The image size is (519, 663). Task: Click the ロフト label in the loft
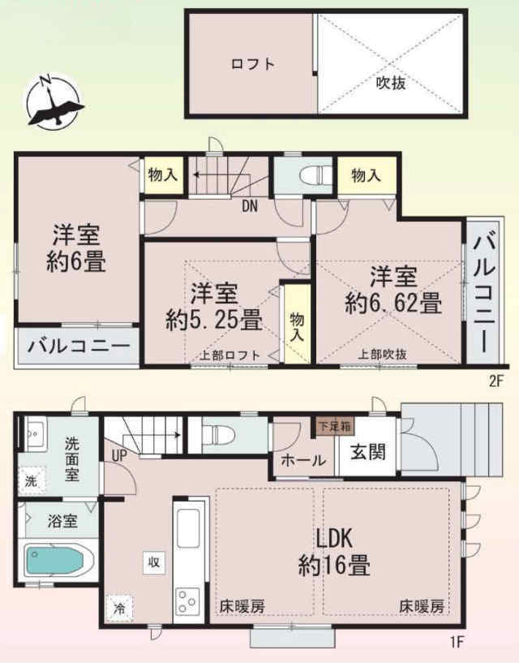(x=253, y=64)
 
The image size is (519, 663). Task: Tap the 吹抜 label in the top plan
(x=391, y=83)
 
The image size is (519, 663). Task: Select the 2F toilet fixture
(x=315, y=174)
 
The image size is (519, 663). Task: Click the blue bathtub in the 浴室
(x=54, y=559)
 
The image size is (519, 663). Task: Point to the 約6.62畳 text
(x=393, y=304)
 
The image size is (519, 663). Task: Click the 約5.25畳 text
(x=214, y=320)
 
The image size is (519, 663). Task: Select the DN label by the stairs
(x=249, y=206)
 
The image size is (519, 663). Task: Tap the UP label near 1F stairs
(x=119, y=455)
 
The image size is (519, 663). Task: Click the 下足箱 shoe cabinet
(x=335, y=426)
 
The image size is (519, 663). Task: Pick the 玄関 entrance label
(x=368, y=452)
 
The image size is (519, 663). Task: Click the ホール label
(x=303, y=460)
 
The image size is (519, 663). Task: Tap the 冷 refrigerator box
(x=119, y=608)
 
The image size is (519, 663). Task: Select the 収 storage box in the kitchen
(x=154, y=562)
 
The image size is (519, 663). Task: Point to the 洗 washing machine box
(x=32, y=480)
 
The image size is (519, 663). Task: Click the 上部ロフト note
(x=229, y=355)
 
